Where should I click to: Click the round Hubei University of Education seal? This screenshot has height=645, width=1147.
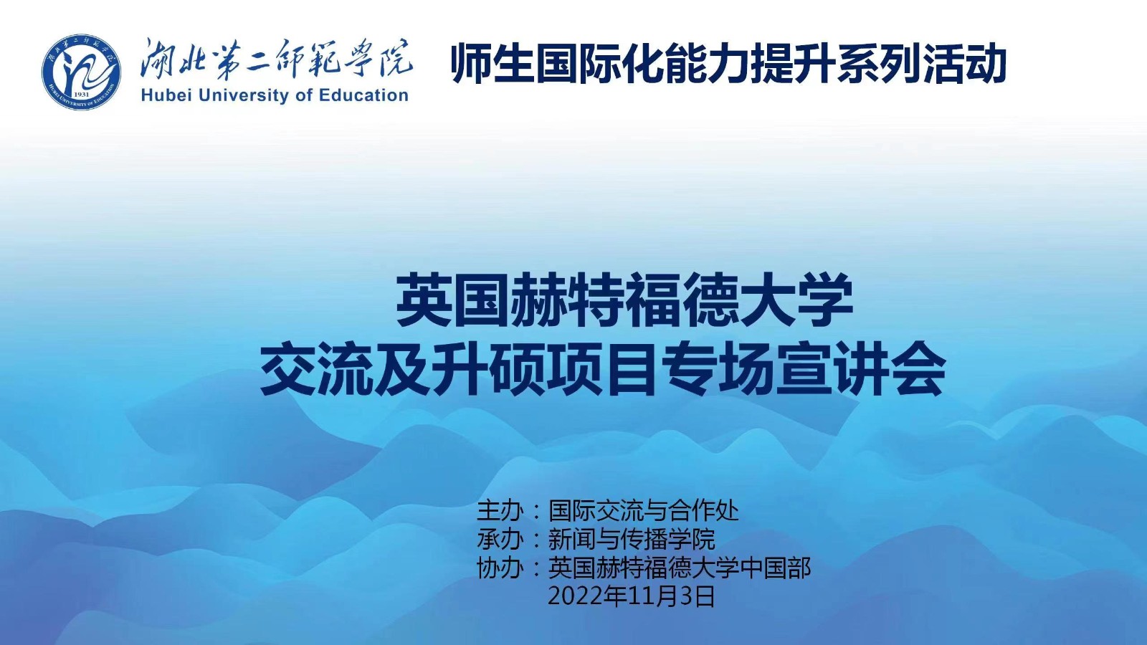click(81, 72)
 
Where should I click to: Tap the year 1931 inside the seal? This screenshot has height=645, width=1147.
click(82, 95)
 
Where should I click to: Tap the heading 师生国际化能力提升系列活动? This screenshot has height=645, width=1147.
click(729, 64)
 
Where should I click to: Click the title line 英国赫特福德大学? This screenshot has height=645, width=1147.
click(624, 300)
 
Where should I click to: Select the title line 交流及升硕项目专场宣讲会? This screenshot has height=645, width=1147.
click(603, 368)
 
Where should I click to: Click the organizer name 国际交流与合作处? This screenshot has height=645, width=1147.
click(644, 510)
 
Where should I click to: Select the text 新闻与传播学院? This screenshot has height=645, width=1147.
click(632, 538)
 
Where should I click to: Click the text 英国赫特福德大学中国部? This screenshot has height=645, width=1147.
click(680, 568)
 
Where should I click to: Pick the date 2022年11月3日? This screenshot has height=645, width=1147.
click(632, 596)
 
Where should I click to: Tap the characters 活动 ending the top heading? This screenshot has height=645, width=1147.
click(965, 64)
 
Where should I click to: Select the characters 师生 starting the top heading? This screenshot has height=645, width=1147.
click(492, 64)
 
